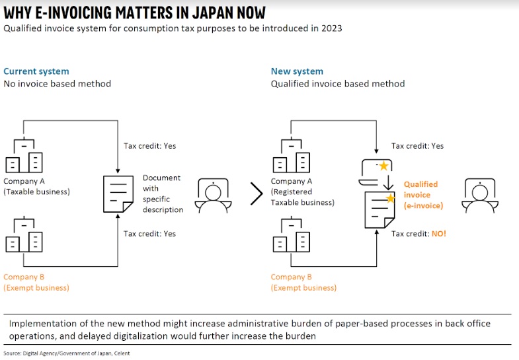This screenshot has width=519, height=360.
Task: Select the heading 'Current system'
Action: (x=36, y=71)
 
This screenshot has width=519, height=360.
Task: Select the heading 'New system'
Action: (x=297, y=71)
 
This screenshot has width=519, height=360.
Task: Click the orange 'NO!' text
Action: (x=438, y=234)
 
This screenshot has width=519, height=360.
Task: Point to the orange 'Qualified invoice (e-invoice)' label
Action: (x=420, y=195)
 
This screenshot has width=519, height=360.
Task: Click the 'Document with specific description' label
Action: (x=163, y=194)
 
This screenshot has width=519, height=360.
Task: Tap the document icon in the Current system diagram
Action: (x=118, y=193)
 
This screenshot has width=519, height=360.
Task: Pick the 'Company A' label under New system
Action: (x=292, y=182)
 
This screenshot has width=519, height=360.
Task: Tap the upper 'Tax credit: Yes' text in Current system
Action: (x=150, y=146)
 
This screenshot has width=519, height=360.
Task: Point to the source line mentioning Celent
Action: (x=66, y=353)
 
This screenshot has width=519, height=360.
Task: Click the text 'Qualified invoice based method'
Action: (x=337, y=84)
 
